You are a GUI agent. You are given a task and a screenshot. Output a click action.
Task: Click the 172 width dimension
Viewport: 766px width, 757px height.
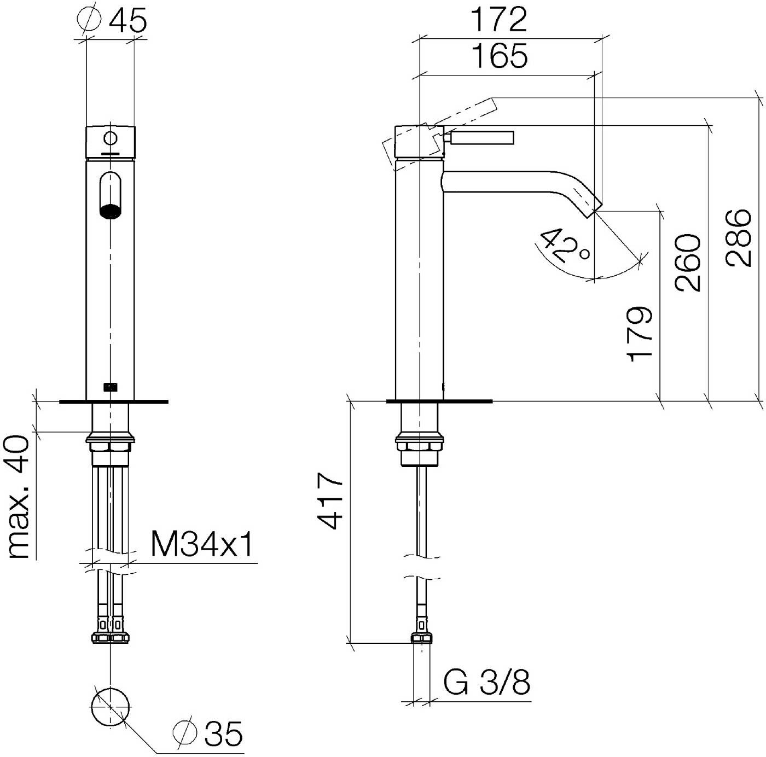click(x=498, y=19)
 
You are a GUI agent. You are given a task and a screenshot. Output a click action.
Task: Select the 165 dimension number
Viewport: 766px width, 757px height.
click(x=500, y=56)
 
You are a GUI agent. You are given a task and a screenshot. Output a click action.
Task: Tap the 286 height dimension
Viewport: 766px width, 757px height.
click(x=738, y=237)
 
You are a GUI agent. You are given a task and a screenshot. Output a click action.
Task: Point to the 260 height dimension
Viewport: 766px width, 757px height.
click(x=687, y=263)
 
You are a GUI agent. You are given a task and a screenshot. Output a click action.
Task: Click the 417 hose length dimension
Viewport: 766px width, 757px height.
click(x=331, y=500)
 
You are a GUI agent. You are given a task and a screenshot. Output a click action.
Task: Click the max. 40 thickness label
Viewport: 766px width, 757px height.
click(x=19, y=497)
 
